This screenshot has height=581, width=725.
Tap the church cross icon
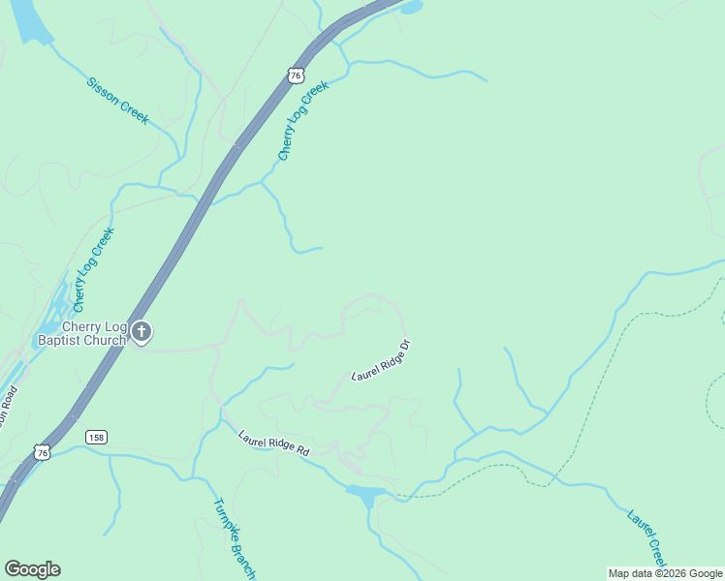click(x=142, y=333)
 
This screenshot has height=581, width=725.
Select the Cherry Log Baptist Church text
click(x=81, y=333)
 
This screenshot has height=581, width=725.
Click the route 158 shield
click(x=95, y=437)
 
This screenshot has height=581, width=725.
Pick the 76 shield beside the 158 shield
click(x=42, y=452)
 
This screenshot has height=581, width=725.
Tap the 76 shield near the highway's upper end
click(x=296, y=75)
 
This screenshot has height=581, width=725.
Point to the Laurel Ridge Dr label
click(x=382, y=359)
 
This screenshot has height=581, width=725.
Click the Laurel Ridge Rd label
click(x=273, y=443)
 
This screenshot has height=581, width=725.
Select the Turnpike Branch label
click(x=233, y=538)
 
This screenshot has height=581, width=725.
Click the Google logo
click(x=32, y=569)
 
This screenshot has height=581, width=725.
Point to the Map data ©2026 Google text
click(x=664, y=573)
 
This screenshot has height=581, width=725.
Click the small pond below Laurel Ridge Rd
click(x=366, y=497)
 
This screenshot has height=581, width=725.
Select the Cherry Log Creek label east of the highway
click(x=303, y=120)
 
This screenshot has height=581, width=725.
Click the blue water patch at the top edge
click(x=410, y=7)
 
